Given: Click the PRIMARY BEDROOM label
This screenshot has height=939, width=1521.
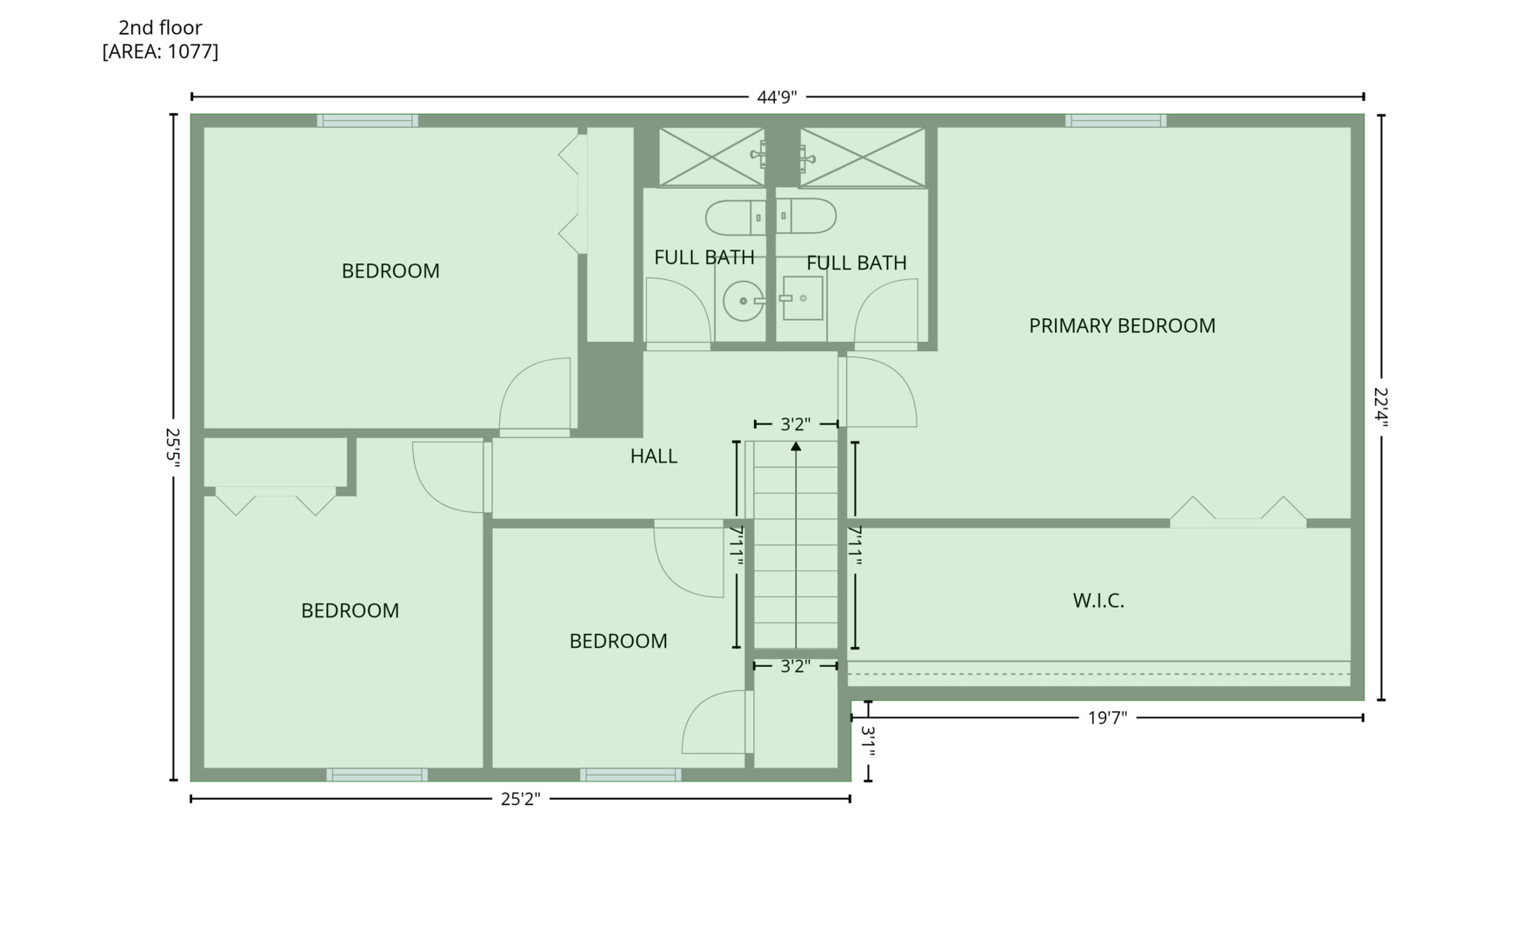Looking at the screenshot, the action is [x=1122, y=326].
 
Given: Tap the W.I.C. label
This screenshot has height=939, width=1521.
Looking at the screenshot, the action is [x=1098, y=601].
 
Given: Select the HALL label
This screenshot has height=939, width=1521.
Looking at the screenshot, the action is [x=654, y=456].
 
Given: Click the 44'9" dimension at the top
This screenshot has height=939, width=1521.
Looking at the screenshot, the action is [x=777, y=97].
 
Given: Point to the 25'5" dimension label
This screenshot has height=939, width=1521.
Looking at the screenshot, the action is [x=173, y=448].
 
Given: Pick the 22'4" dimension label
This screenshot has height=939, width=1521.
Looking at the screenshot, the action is [x=1381, y=407].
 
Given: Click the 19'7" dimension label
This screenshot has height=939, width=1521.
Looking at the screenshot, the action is [x=1107, y=718].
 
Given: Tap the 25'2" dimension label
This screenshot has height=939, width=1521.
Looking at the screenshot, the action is [x=520, y=799].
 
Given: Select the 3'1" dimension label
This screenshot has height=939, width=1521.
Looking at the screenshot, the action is [x=868, y=742].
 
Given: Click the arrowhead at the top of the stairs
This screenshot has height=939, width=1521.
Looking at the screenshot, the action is [x=796, y=446].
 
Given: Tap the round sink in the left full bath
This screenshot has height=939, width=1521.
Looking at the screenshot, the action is [x=744, y=301].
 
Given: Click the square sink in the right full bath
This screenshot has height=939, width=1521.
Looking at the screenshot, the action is [x=802, y=298].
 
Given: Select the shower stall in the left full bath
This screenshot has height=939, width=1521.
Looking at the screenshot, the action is [x=711, y=157].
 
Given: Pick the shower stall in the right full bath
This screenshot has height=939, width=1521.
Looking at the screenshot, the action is [x=863, y=157].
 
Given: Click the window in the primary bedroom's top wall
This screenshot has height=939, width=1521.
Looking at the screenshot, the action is [x=1116, y=121].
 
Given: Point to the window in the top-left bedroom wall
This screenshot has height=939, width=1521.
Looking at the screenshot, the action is [x=367, y=121].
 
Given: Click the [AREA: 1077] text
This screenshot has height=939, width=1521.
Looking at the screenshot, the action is [x=160, y=51].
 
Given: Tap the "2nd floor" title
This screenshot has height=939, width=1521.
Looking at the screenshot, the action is [x=160, y=28].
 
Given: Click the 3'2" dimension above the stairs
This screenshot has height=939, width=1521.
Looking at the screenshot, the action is [x=796, y=424].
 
